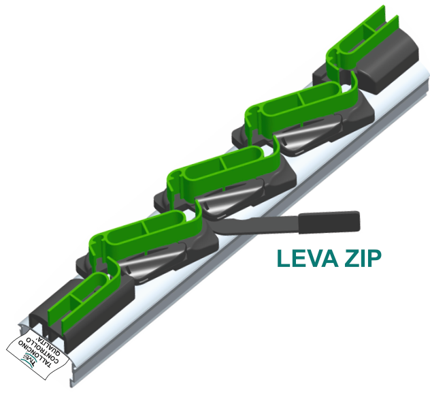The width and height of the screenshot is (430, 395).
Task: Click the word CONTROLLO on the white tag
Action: click(x=39, y=347)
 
